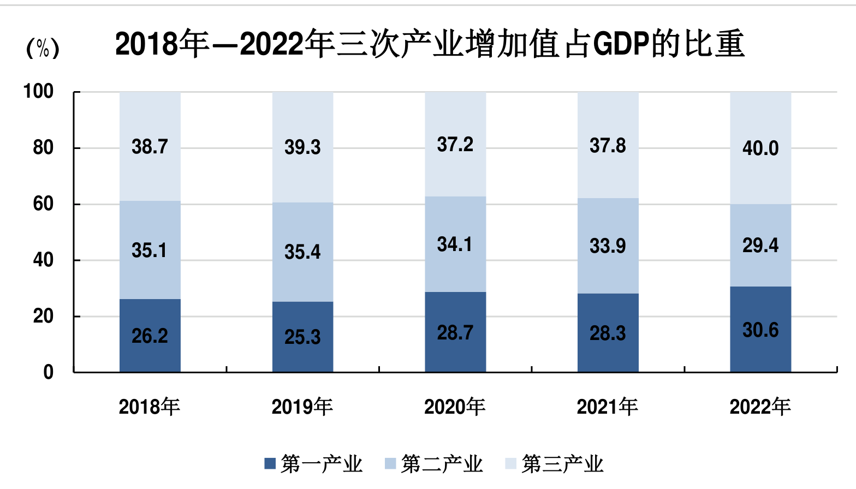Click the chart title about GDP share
click(x=430, y=44)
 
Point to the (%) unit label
click(x=43, y=48)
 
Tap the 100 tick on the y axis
click(x=38, y=91)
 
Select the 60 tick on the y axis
click(x=43, y=204)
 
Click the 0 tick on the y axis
click(x=48, y=372)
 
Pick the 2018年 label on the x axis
click(x=150, y=407)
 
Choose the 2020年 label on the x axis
click(x=455, y=407)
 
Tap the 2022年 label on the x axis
click(x=760, y=407)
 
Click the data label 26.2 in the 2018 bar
click(x=150, y=336)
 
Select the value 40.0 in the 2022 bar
click(x=760, y=148)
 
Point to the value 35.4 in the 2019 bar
click(x=302, y=252)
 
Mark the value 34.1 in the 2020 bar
click(x=454, y=244)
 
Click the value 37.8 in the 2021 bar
click(x=608, y=146)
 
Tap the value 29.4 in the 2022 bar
click(x=760, y=245)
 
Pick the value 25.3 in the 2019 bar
click(x=302, y=337)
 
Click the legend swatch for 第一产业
click(x=270, y=464)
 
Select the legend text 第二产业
click(x=442, y=464)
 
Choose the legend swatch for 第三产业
click(x=510, y=464)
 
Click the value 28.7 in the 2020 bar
click(x=455, y=333)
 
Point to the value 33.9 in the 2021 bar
click(x=608, y=246)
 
